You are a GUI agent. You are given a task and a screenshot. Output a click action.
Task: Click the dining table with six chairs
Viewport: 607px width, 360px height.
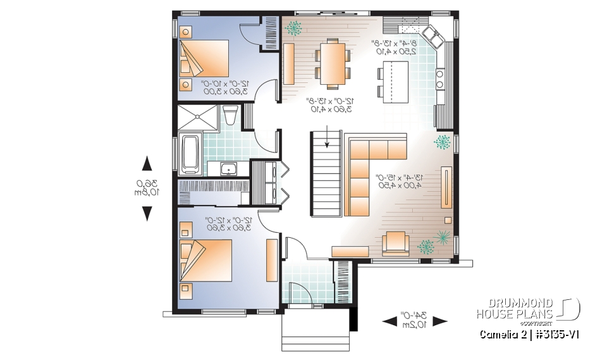coord(332,62)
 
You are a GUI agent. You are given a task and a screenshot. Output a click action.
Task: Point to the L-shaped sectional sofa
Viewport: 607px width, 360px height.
coord(367,171)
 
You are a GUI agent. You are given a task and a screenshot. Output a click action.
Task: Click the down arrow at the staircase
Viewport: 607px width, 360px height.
coord(326,136)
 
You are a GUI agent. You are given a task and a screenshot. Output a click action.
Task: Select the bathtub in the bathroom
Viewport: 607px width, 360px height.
coord(190,154)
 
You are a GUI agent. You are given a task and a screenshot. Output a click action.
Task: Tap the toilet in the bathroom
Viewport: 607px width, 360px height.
coord(230,115)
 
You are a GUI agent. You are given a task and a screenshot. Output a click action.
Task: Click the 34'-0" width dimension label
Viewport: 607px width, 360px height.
coord(415,320)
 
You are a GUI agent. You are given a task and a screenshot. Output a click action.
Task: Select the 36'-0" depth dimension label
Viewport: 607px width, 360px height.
coord(147,189)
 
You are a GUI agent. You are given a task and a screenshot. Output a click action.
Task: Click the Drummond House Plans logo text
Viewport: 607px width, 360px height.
coord(515,308)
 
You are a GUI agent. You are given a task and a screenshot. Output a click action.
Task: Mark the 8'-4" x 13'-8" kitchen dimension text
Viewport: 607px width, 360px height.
coord(394,47)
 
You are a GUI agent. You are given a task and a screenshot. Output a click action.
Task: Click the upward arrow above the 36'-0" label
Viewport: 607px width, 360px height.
coord(147,164)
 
